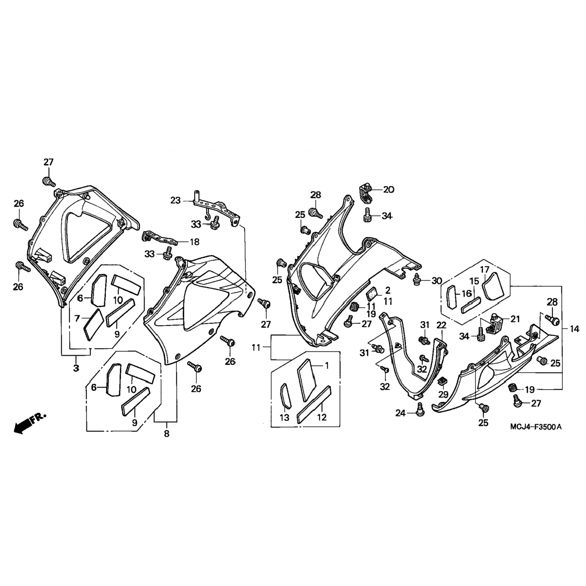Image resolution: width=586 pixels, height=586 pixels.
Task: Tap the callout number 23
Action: [x=175, y=200]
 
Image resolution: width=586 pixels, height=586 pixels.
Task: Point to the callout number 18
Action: [x=194, y=242]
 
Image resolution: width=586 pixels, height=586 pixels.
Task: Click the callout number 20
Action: [x=388, y=190]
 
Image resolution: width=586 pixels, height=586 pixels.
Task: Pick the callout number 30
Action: [x=436, y=280]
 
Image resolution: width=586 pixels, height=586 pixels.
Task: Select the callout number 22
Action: [x=441, y=325]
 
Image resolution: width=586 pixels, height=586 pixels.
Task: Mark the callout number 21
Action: [x=515, y=319]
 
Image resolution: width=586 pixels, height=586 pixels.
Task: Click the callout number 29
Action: [x=443, y=394]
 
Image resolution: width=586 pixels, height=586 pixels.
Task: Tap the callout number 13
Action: [x=284, y=418]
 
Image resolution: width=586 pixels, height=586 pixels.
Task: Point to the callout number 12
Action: [x=321, y=418]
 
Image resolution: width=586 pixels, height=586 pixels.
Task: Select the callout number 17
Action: [x=484, y=270]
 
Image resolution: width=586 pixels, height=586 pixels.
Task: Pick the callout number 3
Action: [x=76, y=368]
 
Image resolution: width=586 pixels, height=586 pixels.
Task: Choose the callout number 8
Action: [x=166, y=433]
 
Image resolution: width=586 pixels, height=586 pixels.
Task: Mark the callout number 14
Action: [x=574, y=329]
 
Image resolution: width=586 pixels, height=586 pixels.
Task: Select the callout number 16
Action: [x=466, y=293]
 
